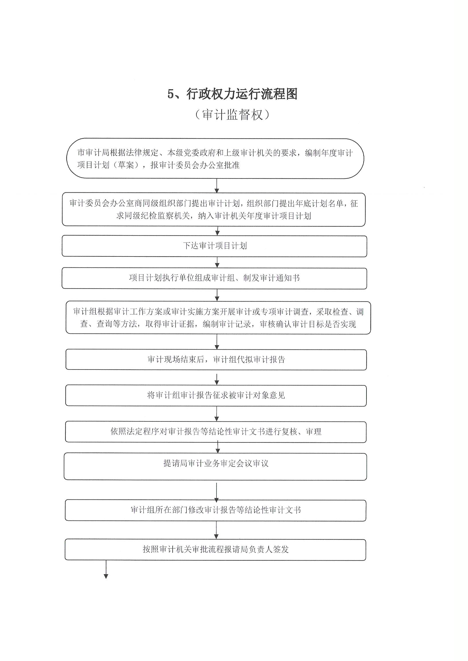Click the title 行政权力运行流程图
pos(242,94)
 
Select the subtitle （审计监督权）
pos(233,115)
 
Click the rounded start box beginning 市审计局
pos(215,159)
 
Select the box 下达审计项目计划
pos(214,246)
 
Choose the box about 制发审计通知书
pos(214,278)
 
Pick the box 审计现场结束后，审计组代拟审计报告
pos(216,359)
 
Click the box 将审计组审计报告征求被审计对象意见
pos(216,396)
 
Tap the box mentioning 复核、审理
pos(216,432)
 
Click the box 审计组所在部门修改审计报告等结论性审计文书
pos(216,510)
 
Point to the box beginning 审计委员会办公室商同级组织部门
pos(214,209)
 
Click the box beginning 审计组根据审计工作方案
pos(218,318)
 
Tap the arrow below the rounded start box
pos(217,186)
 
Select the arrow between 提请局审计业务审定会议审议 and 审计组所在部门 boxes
pos(217,490)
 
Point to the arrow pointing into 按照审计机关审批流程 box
pos(217,530)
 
